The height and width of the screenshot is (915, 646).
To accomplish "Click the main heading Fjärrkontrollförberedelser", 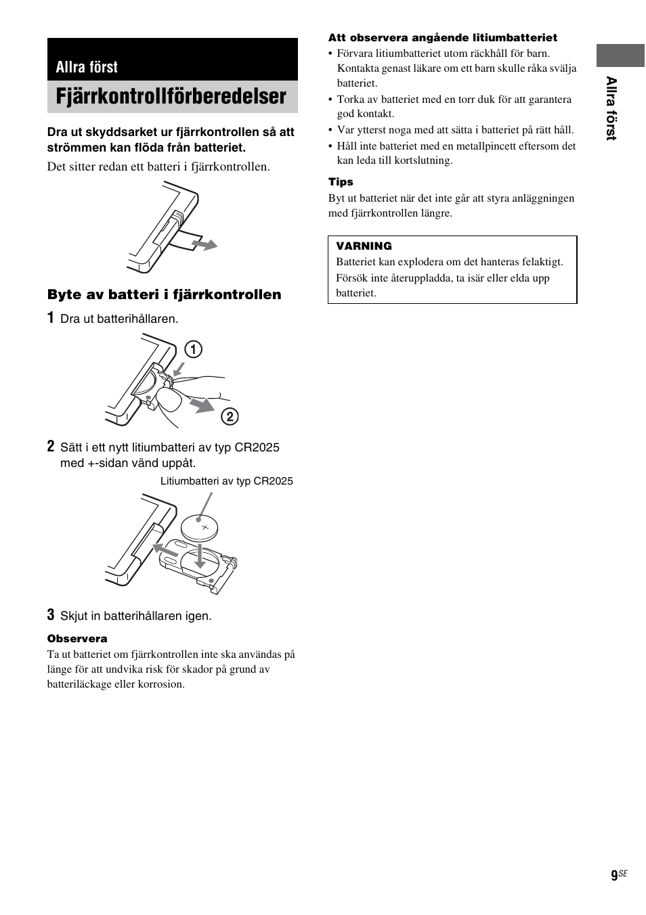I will pos(171,97).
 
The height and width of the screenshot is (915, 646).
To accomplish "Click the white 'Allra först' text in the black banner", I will pos(87,67).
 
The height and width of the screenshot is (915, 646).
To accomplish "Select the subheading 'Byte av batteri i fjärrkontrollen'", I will pos(164,294).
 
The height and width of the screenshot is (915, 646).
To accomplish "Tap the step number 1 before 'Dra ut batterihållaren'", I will pos(51,318).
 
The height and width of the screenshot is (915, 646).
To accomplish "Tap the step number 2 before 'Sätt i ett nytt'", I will pos(51,447).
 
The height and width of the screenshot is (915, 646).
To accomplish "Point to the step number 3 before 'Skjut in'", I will pos(51,615).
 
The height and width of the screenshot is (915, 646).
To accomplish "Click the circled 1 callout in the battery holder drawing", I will pos(194,349).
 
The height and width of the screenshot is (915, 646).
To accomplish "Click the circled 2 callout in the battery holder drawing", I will pos(230,416).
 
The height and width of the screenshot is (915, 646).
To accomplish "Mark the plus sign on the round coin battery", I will pos(204,527).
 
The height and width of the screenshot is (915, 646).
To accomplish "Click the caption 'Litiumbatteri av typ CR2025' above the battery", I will pos(226,481).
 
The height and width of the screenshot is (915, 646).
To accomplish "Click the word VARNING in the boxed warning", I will pos(364,246).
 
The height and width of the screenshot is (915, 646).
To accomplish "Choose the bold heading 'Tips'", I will pos(341,182).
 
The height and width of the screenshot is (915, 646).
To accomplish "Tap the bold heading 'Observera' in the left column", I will pos(77,639).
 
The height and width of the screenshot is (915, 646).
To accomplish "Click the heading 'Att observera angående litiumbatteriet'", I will pos(443,38).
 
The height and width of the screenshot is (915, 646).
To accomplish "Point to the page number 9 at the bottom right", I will pos(613,876).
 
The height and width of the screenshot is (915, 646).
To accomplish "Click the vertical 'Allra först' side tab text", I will pos(611,108).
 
